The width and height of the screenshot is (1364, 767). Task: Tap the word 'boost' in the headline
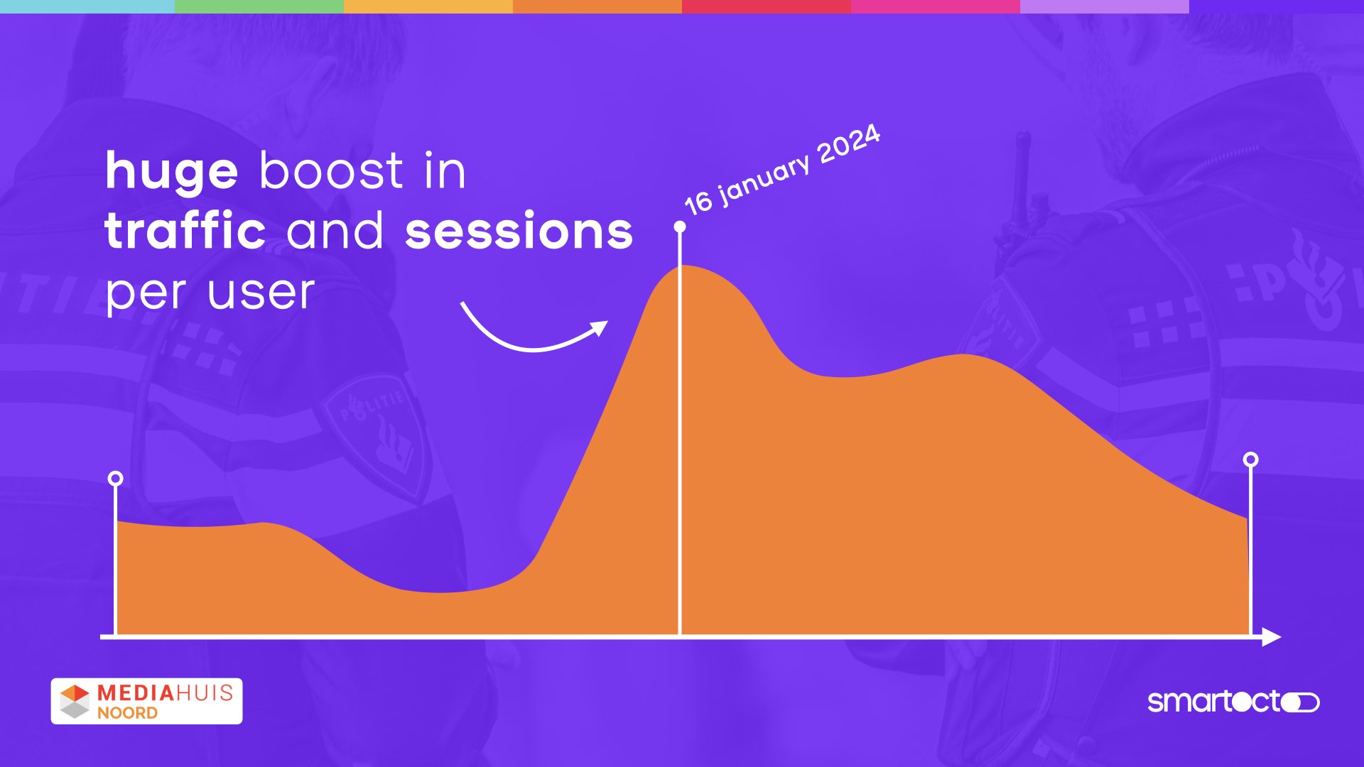(332, 170)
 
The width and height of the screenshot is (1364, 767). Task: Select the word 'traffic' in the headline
(185, 230)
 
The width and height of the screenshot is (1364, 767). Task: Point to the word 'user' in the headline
(261, 293)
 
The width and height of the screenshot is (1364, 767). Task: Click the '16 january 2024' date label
(782, 170)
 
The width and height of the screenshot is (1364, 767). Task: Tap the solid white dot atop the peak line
(680, 227)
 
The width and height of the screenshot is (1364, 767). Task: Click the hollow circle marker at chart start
(115, 479)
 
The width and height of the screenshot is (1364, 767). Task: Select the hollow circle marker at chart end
(1251, 459)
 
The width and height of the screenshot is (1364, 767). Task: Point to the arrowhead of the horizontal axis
(1272, 637)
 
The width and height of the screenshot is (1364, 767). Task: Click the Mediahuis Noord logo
(146, 701)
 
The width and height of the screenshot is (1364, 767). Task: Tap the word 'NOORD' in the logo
(127, 713)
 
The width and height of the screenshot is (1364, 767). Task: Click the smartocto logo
(1234, 702)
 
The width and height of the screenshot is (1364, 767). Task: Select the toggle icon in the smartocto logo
(1301, 702)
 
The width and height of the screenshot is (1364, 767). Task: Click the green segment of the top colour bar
(259, 6)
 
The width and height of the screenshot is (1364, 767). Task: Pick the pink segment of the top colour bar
(936, 6)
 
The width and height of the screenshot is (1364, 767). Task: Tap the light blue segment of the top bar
(87, 6)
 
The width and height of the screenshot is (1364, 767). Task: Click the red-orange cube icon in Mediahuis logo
(75, 693)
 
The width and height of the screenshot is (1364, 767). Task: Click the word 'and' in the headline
(335, 230)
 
